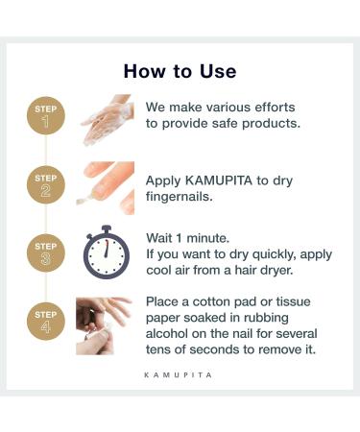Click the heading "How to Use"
[x=180, y=71]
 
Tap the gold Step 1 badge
[x=46, y=117]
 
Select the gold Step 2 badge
[x=46, y=185]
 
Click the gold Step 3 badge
[x=46, y=253]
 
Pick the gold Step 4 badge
[x=46, y=322]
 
